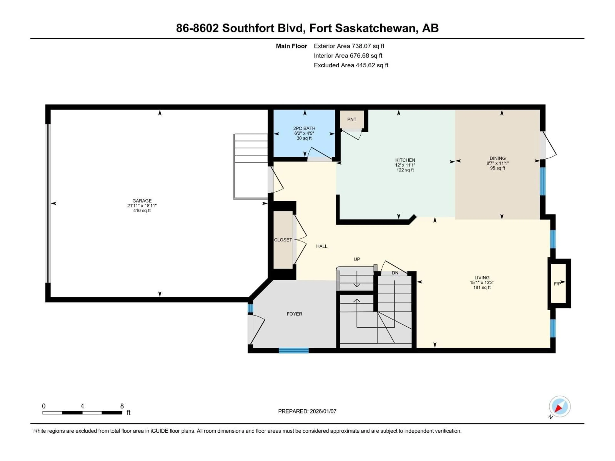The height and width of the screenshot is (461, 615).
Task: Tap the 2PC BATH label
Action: tap(304, 128)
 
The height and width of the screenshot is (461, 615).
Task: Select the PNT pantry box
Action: tap(352, 119)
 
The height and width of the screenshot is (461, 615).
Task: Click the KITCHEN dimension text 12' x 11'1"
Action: tap(405, 165)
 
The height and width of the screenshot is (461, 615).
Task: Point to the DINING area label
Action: tap(497, 158)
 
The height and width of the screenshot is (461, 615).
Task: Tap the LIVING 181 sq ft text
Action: tap(482, 287)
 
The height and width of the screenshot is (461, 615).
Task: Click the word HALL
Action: tap(322, 246)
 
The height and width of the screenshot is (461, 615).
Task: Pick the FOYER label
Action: tap(294, 314)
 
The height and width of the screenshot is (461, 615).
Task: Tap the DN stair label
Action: tap(395, 273)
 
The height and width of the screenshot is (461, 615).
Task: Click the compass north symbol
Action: tap(559, 407)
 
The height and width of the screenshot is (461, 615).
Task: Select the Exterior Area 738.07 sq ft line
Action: tap(349, 46)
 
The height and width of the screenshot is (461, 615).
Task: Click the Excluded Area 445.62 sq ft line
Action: tap(351, 65)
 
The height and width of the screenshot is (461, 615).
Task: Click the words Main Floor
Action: tap(291, 46)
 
